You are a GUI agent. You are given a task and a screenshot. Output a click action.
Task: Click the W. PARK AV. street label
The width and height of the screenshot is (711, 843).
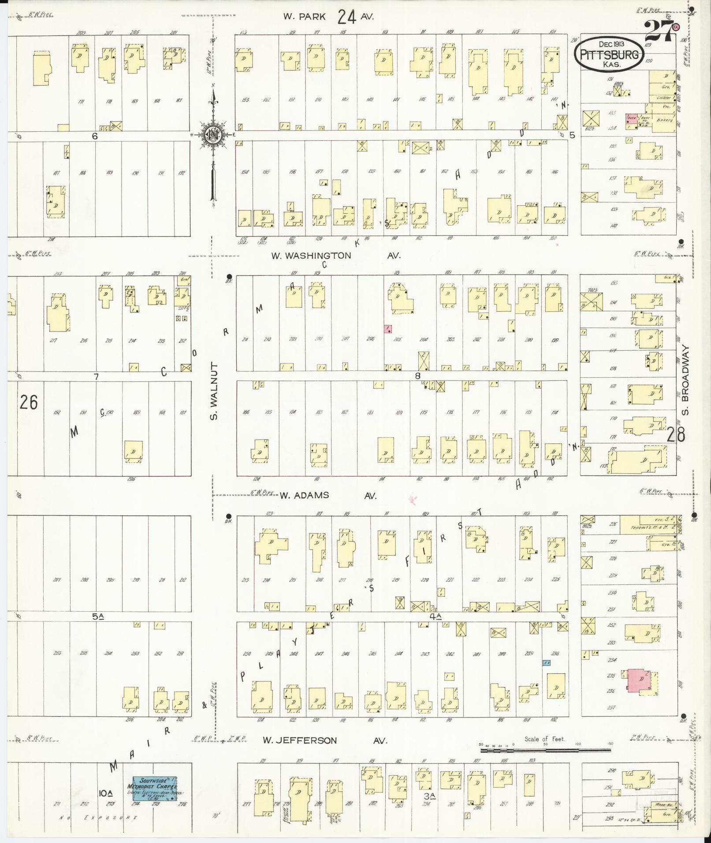pyautogui.click(x=328, y=17)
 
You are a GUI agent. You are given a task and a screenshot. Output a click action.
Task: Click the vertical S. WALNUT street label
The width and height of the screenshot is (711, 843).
pyautogui.click(x=215, y=391)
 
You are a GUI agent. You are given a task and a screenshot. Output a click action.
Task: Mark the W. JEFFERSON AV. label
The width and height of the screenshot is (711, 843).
pyautogui.click(x=325, y=740)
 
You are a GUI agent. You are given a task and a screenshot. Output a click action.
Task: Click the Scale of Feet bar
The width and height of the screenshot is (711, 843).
pyautogui.click(x=545, y=749)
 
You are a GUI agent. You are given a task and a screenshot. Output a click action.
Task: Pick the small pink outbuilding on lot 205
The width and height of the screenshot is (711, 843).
pyautogui.click(x=388, y=329)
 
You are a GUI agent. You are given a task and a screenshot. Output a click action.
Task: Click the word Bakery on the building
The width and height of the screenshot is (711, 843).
pyautogui.click(x=663, y=120)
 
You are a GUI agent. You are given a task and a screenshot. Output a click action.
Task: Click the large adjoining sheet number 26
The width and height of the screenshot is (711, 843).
pyautogui.click(x=29, y=402)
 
